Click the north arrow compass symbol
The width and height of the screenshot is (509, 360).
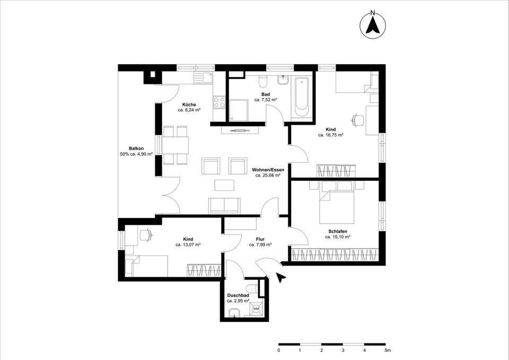(373, 25)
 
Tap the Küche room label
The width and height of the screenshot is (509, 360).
(189, 104)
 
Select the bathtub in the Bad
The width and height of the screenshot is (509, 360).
(301, 97)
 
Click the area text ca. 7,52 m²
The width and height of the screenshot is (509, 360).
(265, 100)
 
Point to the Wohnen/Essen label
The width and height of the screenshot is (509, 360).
(268, 170)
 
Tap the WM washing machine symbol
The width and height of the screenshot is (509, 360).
(256, 308)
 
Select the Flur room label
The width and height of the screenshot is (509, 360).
(260, 239)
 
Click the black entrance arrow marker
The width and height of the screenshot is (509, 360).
(281, 276)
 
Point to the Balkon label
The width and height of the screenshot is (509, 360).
(136, 148)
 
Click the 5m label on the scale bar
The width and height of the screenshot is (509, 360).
(388, 351)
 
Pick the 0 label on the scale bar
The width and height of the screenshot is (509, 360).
(279, 351)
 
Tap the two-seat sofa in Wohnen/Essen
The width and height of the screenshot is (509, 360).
(225, 205)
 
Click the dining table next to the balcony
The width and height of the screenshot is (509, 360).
(175, 145)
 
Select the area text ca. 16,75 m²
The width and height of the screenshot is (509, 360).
(331, 135)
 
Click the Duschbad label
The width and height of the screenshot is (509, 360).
(238, 295)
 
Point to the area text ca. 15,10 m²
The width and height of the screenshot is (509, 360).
(338, 238)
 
